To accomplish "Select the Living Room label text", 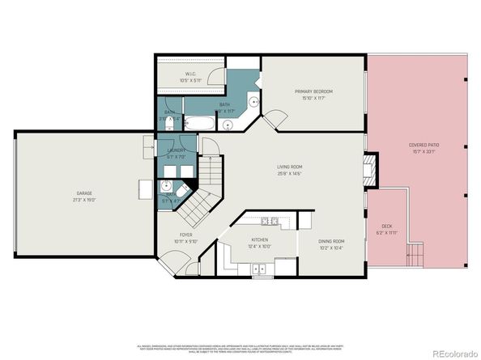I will [289, 167].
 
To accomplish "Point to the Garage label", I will [83, 193].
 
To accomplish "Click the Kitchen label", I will [260, 239].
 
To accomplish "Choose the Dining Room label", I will [331, 241].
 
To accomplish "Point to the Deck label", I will [387, 226].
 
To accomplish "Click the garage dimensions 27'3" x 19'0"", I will [83, 200].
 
